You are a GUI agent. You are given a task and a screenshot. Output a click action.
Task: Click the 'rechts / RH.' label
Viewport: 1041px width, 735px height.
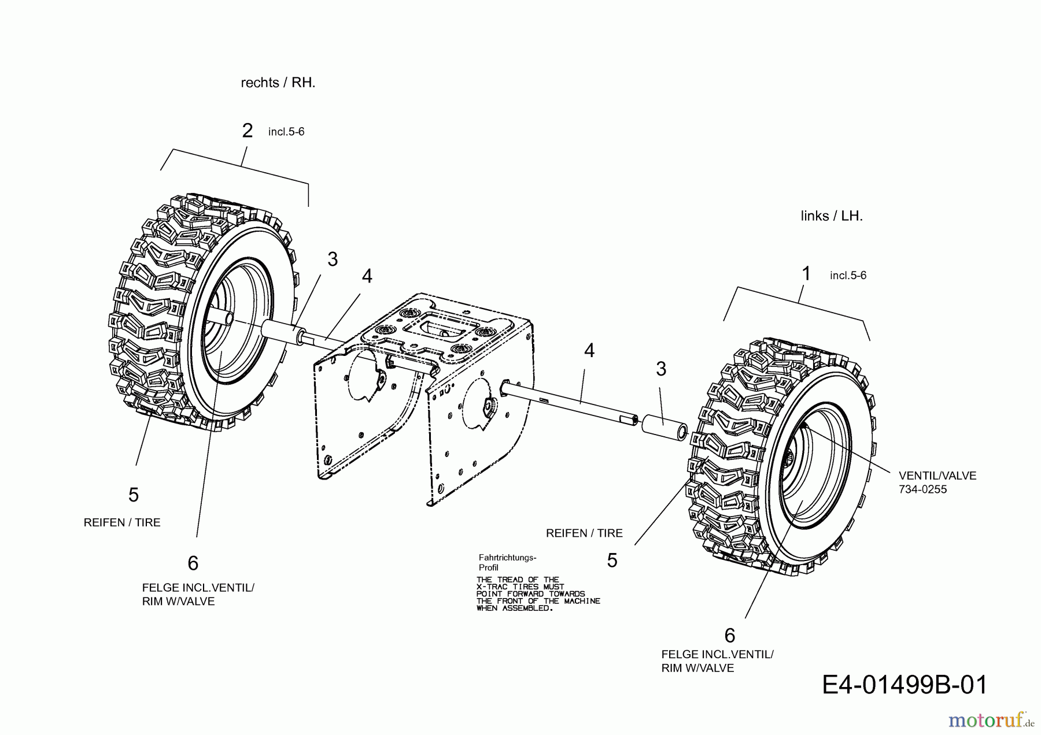pyautogui.click(x=278, y=83)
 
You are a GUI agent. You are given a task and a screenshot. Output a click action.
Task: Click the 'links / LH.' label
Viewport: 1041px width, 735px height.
pyautogui.click(x=831, y=216)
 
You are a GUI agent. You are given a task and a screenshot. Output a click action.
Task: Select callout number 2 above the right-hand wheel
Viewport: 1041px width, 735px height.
pyautogui.click(x=248, y=131)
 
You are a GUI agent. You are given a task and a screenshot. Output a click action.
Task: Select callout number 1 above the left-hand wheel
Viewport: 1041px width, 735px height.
pyautogui.click(x=806, y=274)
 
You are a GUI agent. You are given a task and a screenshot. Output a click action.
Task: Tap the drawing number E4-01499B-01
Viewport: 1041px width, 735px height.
pyautogui.click(x=905, y=685)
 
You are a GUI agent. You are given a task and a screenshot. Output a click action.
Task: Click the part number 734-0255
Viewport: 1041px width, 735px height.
pyautogui.click(x=922, y=489)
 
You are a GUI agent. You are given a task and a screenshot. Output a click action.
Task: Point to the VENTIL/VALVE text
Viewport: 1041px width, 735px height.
pyautogui.click(x=937, y=476)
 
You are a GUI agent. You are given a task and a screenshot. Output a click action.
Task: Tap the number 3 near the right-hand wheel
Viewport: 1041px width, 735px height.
pyautogui.click(x=332, y=259)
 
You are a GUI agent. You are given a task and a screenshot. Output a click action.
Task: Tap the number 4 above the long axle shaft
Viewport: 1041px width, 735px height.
pyautogui.click(x=589, y=350)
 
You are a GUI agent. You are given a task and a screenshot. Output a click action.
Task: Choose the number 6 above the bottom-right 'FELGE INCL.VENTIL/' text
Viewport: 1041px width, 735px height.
pyautogui.click(x=729, y=635)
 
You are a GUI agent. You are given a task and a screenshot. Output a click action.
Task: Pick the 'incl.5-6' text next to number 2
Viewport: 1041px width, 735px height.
pyautogui.click(x=286, y=132)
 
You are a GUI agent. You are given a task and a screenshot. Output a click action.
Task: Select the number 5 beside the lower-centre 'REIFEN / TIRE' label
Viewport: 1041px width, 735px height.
pyautogui.click(x=612, y=560)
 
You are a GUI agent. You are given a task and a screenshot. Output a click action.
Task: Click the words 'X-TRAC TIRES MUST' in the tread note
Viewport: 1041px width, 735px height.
pyautogui.click(x=519, y=586)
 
